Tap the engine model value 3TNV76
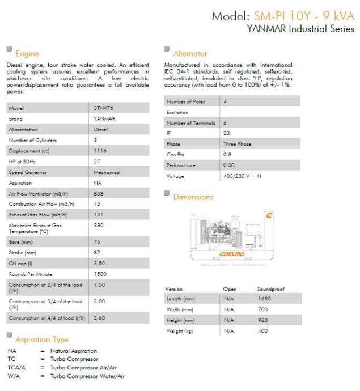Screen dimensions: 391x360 pos(103,108)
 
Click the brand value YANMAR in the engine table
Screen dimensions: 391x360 pos(104,118)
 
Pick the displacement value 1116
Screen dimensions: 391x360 pos(99,151)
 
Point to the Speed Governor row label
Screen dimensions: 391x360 pos(27,172)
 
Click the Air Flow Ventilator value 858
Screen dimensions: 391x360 pos(98,194)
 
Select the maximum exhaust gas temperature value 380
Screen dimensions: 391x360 pos(98,225)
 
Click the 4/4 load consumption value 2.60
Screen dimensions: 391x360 pos(99,318)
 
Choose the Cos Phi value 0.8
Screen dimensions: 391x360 pos(227,155)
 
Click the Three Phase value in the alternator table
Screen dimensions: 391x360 pos(238,144)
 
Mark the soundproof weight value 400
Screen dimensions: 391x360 pos(262,331)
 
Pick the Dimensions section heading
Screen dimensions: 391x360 pos(193,197)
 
